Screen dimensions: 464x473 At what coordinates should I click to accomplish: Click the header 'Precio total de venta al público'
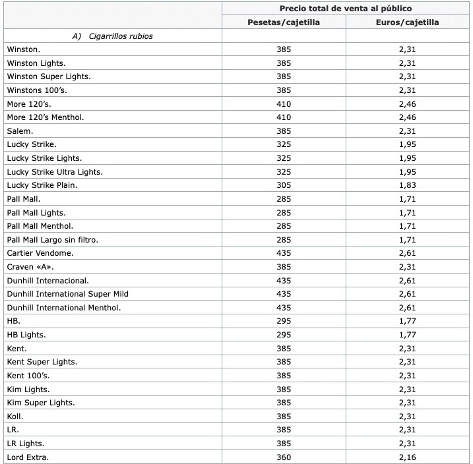point(346,9)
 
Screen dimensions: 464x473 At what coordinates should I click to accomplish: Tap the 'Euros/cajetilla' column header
point(406,22)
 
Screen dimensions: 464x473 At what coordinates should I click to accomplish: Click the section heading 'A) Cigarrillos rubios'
point(112,36)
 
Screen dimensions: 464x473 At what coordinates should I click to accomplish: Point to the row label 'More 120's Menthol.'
point(46,117)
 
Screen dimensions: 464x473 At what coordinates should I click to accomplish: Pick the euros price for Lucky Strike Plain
point(406,185)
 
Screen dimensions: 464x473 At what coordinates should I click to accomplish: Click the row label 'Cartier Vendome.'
point(40,253)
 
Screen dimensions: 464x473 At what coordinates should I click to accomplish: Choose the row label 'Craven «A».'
point(31,267)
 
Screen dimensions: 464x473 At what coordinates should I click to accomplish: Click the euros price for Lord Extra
point(406,457)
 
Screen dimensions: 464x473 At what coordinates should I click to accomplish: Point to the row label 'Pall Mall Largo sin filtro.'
point(57,239)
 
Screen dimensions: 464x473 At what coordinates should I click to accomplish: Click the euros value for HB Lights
point(406,334)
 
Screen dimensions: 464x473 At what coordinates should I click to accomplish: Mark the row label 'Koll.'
point(16,416)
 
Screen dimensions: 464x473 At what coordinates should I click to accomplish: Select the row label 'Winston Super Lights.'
point(49,76)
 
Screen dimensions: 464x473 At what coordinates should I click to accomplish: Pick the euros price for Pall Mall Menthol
point(406,226)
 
